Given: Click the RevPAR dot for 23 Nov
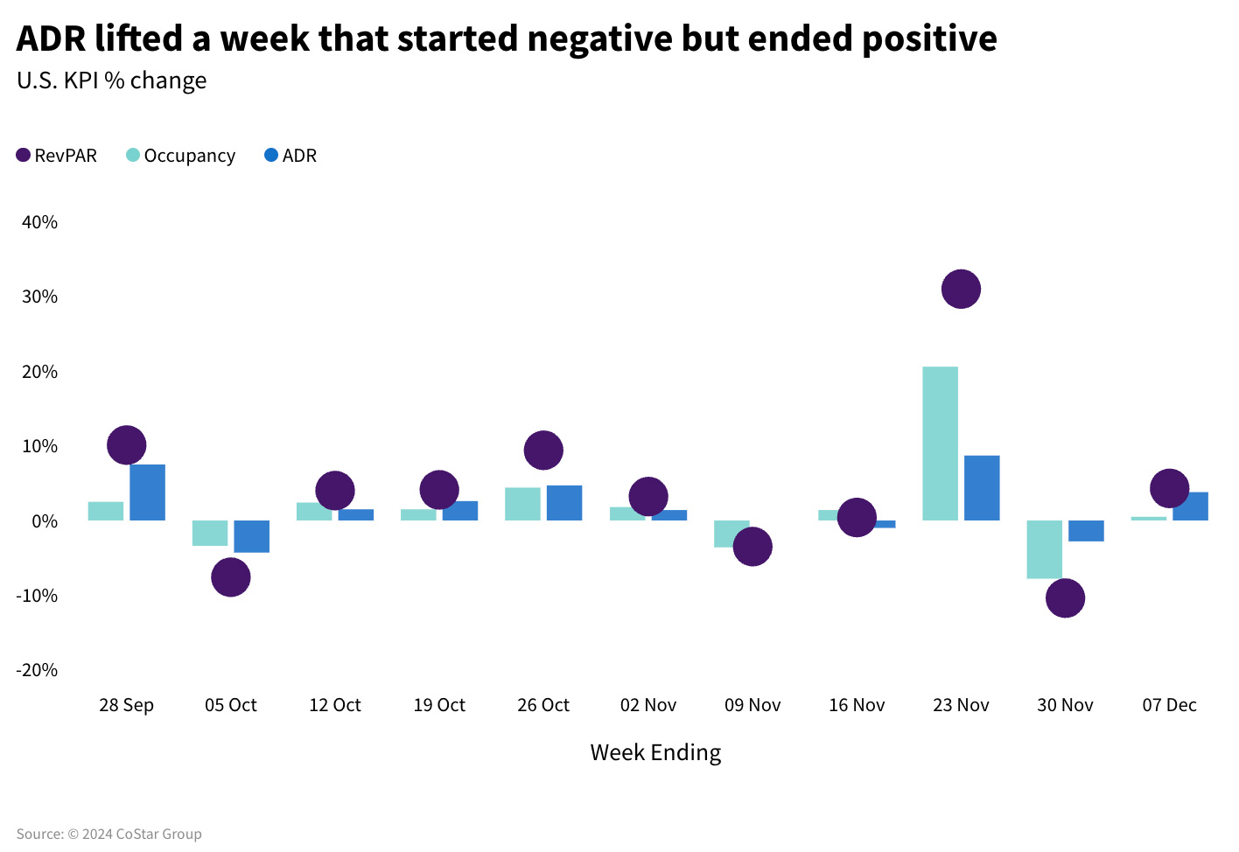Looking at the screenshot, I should click(961, 289).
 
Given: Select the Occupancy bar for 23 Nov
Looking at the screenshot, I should click(940, 443).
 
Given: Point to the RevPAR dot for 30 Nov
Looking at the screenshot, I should click(1065, 598).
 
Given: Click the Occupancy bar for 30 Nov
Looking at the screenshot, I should click(1044, 549).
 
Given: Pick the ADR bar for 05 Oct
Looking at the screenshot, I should click(252, 536).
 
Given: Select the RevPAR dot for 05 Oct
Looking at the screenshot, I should click(231, 577).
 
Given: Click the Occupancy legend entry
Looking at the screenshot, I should click(181, 156).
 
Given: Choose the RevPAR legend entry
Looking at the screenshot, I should click(57, 156).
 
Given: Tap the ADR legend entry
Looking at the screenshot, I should click(290, 156).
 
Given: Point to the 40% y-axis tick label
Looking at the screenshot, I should click(39, 222).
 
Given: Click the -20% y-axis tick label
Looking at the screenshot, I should click(37, 670).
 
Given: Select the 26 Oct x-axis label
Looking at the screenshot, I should click(543, 705).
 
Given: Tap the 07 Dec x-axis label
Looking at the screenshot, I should click(1169, 705).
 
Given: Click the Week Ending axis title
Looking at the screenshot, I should click(655, 752).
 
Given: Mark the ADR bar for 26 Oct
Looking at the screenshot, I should click(564, 503).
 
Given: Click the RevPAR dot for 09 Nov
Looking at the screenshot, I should click(752, 547).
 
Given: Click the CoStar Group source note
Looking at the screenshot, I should click(109, 834).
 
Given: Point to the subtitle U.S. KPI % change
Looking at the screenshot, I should click(112, 80).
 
